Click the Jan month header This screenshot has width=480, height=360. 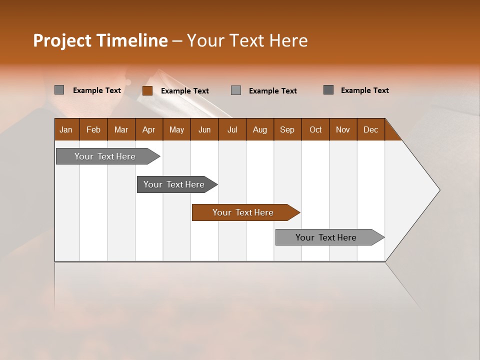click(x=66, y=129)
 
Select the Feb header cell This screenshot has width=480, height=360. click(x=93, y=129)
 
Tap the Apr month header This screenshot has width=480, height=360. click(x=148, y=129)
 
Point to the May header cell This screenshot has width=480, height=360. click(x=176, y=129)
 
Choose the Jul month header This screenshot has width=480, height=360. click(x=232, y=129)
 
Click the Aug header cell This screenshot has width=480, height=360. click(x=259, y=129)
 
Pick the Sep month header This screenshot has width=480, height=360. click(x=287, y=129)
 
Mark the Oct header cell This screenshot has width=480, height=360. click(x=315, y=129)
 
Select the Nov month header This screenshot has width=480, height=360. click(x=343, y=129)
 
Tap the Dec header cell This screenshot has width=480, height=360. click(x=370, y=129)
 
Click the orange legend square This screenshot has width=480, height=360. click(x=147, y=90)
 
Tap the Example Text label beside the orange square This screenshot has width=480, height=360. click(x=184, y=90)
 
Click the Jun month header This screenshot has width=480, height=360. click(x=204, y=129)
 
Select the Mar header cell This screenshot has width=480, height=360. click(x=121, y=129)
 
